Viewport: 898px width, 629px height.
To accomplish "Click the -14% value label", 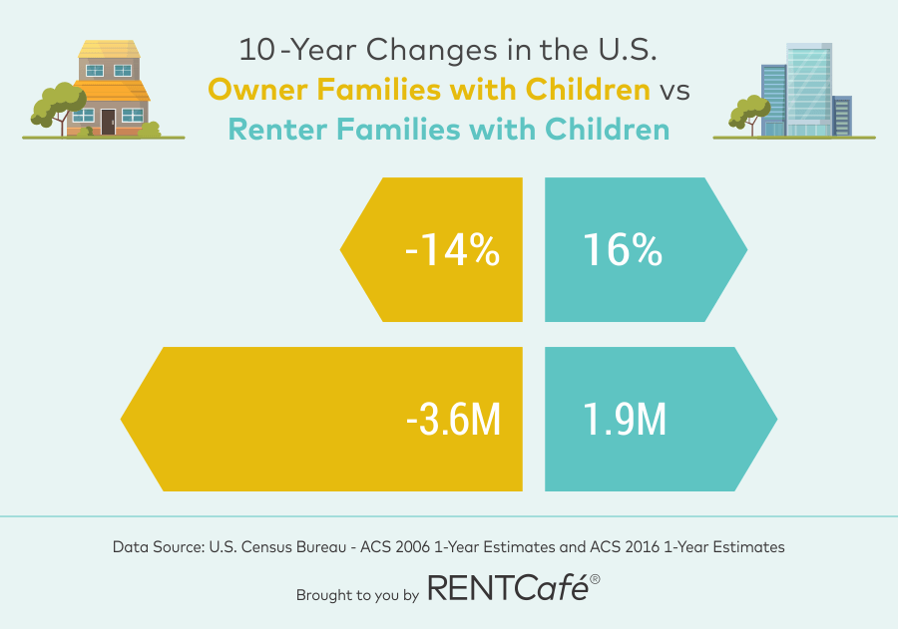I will pos(452,250).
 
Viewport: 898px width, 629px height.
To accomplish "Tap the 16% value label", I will pos(621,250).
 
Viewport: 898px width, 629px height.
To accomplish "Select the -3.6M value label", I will pos(453,420).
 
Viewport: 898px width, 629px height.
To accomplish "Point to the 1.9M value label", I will pos(624,420).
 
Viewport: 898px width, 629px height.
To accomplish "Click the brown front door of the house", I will pos(108,122).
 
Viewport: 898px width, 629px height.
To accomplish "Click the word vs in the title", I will pos(673,90).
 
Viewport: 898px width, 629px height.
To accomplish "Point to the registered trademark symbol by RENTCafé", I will pos(595,579).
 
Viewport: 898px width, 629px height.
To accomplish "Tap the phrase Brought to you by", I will pos(356,595).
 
